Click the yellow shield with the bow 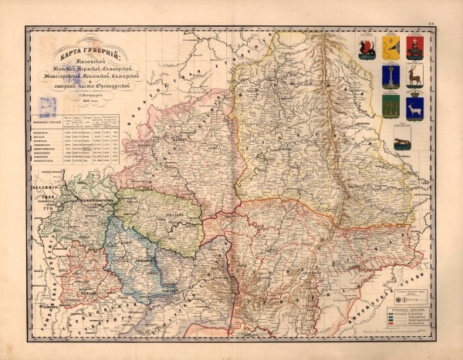point(390,48)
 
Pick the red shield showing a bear point(415,48)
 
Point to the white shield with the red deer point(415,76)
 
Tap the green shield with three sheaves point(390,106)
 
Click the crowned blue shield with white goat point(415,108)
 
